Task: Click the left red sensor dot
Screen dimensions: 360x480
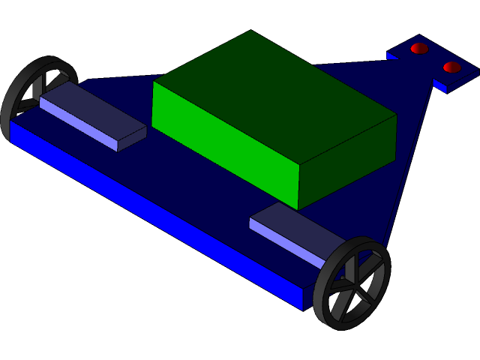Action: (x=419, y=49)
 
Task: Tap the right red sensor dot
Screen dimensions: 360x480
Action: (x=451, y=67)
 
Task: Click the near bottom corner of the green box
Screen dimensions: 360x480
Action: (x=298, y=208)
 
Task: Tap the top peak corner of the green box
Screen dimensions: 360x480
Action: (x=250, y=31)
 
